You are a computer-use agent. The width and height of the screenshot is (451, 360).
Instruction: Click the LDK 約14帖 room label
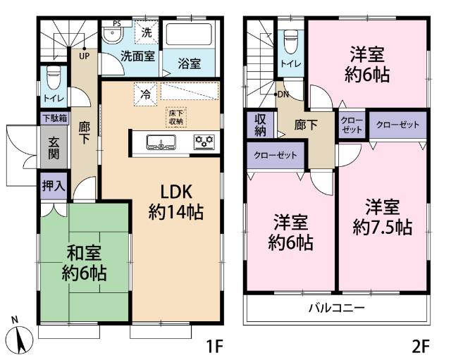[x=175, y=202]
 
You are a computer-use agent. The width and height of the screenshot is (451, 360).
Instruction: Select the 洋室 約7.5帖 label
[x=383, y=217]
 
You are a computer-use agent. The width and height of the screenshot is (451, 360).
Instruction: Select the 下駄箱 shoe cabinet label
[x=54, y=118]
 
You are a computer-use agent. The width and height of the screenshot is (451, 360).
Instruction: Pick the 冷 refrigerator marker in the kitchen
[x=145, y=93]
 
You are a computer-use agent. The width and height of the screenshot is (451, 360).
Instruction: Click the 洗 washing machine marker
[x=147, y=32]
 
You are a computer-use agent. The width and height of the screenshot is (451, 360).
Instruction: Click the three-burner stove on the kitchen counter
[x=204, y=142]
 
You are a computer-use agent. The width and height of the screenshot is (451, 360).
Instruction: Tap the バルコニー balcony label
[x=336, y=309]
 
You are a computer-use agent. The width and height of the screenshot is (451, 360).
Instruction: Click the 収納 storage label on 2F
[x=259, y=126]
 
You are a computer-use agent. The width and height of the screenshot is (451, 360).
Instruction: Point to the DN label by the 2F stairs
[x=283, y=94]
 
